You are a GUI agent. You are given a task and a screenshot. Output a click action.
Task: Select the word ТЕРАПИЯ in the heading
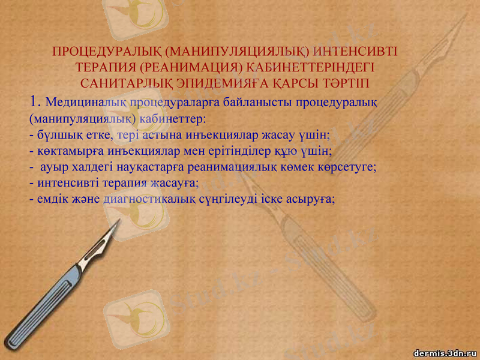(x=106, y=66)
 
